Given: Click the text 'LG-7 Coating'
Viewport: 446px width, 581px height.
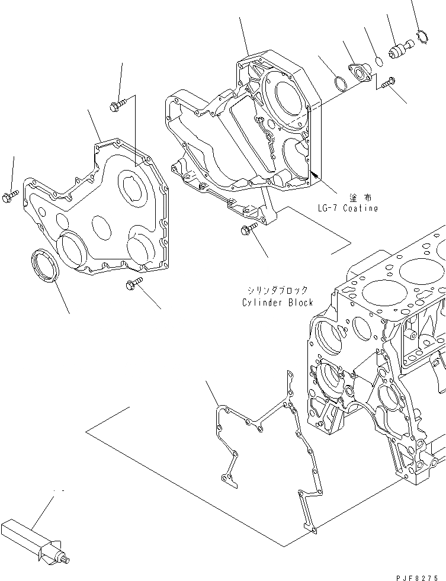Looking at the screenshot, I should (347, 208).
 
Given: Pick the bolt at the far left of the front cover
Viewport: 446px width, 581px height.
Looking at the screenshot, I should (12, 197).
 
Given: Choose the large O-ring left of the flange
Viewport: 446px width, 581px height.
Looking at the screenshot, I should (339, 84).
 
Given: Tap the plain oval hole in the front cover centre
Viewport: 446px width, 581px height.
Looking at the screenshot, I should (101, 226).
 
